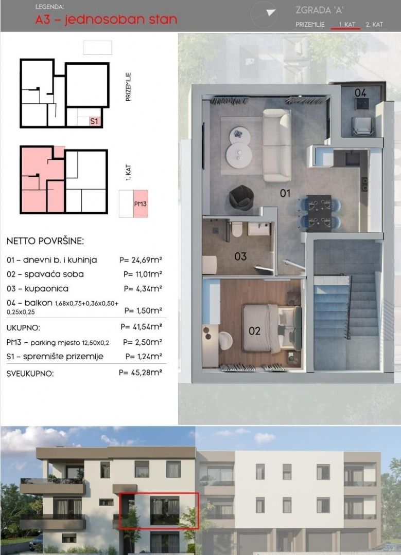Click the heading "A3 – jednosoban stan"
pyautogui.click(x=106, y=19)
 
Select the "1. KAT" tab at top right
pyautogui.click(x=346, y=25)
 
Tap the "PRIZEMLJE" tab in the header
pyautogui.click(x=310, y=25)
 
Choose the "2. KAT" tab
pyautogui.click(x=374, y=25)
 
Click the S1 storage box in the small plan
pyautogui.click(x=94, y=121)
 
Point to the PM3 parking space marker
pyautogui.click(x=141, y=203)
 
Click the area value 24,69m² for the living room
pyautogui.click(x=141, y=260)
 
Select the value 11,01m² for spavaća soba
pyautogui.click(x=143, y=274)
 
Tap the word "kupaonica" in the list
pyautogui.click(x=46, y=289)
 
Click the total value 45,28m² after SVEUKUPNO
pyautogui.click(x=141, y=373)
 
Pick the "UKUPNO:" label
pyautogui.click(x=23, y=328)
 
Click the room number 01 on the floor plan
pyautogui.click(x=285, y=193)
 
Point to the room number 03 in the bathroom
pyautogui.click(x=240, y=256)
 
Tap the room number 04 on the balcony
pyautogui.click(x=360, y=92)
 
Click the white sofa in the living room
pyautogui.click(x=277, y=145)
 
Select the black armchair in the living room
pyautogui.click(x=241, y=197)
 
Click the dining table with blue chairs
pyautogui.click(x=320, y=213)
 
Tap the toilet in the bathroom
pyautogui.click(x=237, y=229)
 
